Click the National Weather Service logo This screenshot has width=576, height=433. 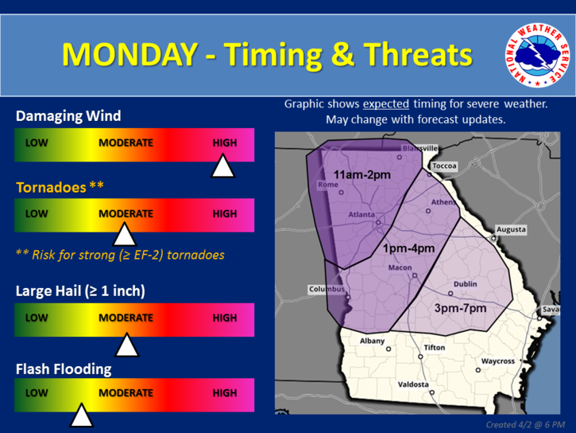pyautogui.click(x=537, y=56)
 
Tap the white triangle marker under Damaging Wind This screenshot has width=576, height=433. pyautogui.click(x=223, y=166)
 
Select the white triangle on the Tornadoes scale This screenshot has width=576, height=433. pyautogui.click(x=125, y=234)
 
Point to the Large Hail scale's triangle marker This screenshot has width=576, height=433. pyautogui.click(x=127, y=345)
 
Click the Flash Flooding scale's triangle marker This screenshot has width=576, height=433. pyautogui.click(x=82, y=415)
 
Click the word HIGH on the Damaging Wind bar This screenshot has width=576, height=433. pyautogui.click(x=225, y=142)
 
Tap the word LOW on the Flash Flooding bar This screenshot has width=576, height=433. pyautogui.click(x=37, y=393)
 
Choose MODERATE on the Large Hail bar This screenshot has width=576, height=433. pyautogui.click(x=126, y=318)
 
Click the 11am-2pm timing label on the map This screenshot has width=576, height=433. pyautogui.click(x=361, y=175)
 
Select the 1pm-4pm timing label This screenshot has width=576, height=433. pyautogui.click(x=408, y=248)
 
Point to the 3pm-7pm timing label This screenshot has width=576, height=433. pyautogui.click(x=460, y=308)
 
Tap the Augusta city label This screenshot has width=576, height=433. pyautogui.click(x=511, y=229)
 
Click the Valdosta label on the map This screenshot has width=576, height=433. pyautogui.click(x=413, y=384)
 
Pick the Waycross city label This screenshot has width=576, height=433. pyautogui.click(x=498, y=361)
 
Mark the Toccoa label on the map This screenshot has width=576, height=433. pyautogui.click(x=444, y=166)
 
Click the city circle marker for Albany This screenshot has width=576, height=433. pyautogui.click(x=389, y=349)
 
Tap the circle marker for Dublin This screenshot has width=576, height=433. pyautogui.click(x=450, y=294)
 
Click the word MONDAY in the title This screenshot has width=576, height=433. pyautogui.click(x=130, y=54)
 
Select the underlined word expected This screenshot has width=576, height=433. pyautogui.click(x=385, y=104)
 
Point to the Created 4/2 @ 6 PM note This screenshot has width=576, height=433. pyautogui.click(x=525, y=425)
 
